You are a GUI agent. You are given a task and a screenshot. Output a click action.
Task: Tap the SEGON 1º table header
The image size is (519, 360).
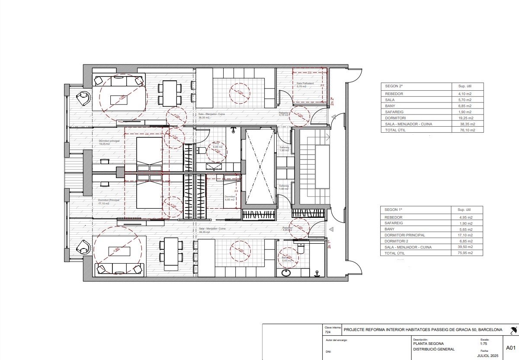point(391,209)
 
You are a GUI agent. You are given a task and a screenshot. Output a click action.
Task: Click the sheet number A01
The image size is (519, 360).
point(510,347)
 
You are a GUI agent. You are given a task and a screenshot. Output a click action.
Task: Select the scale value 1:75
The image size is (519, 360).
point(484,344)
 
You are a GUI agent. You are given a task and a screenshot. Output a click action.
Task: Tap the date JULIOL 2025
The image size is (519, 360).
point(488,356)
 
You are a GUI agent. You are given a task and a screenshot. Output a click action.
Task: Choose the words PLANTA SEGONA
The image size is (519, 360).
point(428,344)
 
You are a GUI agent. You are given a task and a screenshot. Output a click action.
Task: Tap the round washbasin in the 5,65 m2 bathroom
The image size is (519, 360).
point(286,273)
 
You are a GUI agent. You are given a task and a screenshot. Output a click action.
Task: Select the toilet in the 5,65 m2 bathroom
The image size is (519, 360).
point(301,248)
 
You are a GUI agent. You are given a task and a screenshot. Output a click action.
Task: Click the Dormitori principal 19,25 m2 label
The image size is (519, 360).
point(106,142)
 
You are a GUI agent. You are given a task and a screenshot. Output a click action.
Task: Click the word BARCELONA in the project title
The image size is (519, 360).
point(490,330)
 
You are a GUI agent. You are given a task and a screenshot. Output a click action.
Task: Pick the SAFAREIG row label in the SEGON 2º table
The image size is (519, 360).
point(394,112)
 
